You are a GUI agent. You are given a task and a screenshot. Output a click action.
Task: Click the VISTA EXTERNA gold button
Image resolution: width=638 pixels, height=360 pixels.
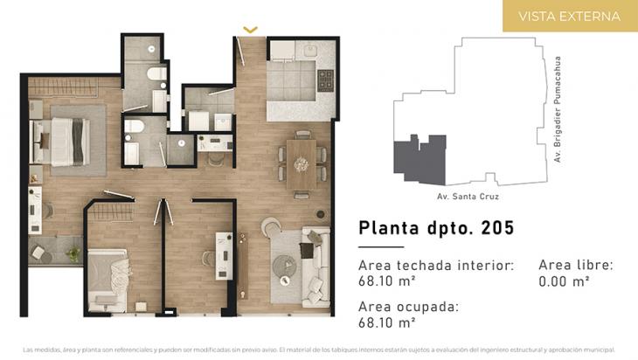pyautogui.click(x=570, y=16)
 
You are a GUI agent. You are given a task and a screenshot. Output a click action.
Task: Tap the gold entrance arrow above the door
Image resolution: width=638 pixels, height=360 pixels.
pyautogui.click(x=250, y=30)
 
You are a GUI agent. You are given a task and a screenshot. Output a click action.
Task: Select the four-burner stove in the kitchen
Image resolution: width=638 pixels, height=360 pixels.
pyautogui.click(x=325, y=80)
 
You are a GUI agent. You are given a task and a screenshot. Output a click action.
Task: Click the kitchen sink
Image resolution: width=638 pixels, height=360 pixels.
pyautogui.click(x=310, y=51)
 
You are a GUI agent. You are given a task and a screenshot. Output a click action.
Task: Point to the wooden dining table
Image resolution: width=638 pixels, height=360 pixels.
pyautogui.click(x=302, y=164)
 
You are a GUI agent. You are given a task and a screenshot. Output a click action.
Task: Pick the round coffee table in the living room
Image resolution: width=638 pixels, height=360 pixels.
pyautogui.click(x=284, y=267)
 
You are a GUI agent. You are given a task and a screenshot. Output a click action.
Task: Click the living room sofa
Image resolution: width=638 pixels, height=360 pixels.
pyautogui.click(x=316, y=267)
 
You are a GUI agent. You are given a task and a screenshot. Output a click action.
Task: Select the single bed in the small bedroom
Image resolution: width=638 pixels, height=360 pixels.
pyautogui.click(x=107, y=280)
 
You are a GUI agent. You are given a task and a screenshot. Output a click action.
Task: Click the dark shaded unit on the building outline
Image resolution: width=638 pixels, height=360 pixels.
pyautogui.click(x=420, y=160)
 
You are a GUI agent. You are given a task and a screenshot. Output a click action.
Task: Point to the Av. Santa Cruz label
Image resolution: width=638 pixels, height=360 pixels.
pyautogui.click(x=468, y=197)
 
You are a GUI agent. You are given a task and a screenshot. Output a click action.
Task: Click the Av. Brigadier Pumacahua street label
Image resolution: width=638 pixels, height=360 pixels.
pyautogui.click(x=557, y=109)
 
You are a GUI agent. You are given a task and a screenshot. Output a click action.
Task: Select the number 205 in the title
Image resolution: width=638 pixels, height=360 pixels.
pyautogui.click(x=497, y=228)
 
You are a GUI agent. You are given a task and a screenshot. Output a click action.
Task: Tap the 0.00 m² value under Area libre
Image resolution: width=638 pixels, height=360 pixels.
pyautogui.click(x=564, y=281)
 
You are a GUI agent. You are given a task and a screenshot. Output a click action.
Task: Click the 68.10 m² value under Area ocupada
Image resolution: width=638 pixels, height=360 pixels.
pyautogui.click(x=387, y=322)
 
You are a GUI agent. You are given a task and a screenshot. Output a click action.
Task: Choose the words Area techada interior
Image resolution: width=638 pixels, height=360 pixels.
pyautogui.click(x=436, y=266)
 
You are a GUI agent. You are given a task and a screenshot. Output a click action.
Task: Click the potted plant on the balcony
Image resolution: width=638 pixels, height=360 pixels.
pyautogui.click(x=73, y=254)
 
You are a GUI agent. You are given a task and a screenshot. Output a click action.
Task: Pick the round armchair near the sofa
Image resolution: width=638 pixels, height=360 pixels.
pyautogui.click(x=271, y=226)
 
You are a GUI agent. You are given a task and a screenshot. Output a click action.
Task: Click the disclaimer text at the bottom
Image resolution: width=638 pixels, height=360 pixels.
pyautogui.click(x=319, y=350)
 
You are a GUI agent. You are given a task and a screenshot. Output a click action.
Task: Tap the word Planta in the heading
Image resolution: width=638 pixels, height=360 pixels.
pyautogui.click(x=389, y=228)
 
